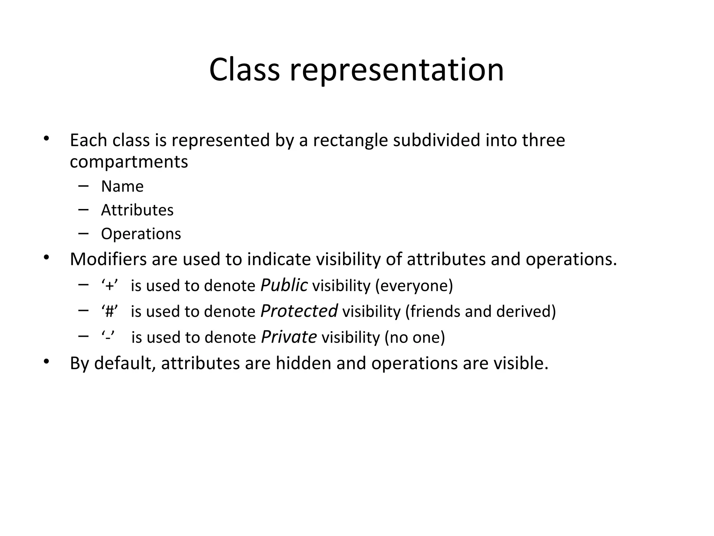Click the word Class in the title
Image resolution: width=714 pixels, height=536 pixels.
click(x=244, y=70)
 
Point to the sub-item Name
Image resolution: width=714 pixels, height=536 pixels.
click(x=122, y=186)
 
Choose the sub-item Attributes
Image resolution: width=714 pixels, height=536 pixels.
click(x=137, y=210)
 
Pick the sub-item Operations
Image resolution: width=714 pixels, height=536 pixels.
click(x=141, y=234)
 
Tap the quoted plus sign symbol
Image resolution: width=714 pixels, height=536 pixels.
click(x=109, y=286)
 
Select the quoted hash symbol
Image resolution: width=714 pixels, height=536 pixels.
click(x=109, y=312)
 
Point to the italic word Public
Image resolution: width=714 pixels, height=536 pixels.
click(x=284, y=285)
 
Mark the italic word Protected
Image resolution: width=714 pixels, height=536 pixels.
click(x=299, y=311)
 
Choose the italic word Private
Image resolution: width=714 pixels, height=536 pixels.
click(x=289, y=337)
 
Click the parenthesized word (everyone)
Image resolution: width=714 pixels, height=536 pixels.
click(x=414, y=286)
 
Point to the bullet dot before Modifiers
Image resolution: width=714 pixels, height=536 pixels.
click(x=46, y=258)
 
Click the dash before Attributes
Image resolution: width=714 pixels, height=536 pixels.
click(x=83, y=210)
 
